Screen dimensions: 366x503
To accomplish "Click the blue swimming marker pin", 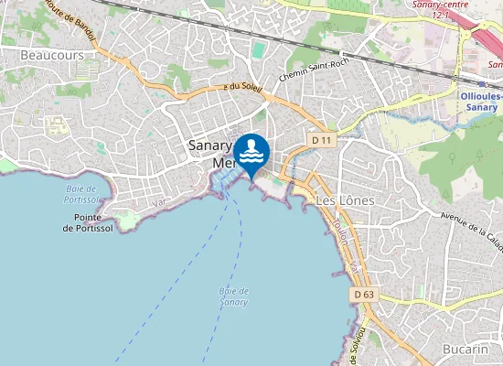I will click(x=251, y=152).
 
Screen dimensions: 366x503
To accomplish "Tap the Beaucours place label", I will click(x=51, y=55).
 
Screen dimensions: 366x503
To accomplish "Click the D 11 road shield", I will click(x=321, y=140).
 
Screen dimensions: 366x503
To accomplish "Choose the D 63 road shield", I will click(x=364, y=295).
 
